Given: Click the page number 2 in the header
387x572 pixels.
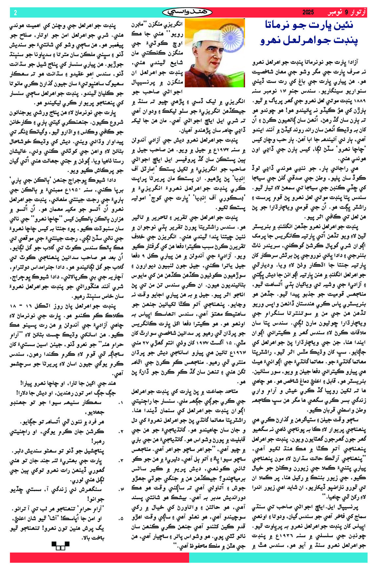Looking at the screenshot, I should coord(15,12).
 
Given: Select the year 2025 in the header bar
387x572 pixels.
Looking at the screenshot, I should coord(308,12).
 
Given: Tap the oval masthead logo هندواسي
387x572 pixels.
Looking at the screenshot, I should coord(187,12).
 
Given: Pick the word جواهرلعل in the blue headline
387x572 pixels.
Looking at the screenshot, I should coord(304,41).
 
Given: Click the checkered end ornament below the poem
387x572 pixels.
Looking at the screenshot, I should coord(61,546).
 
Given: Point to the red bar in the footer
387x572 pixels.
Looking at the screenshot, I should coord(98,557).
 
